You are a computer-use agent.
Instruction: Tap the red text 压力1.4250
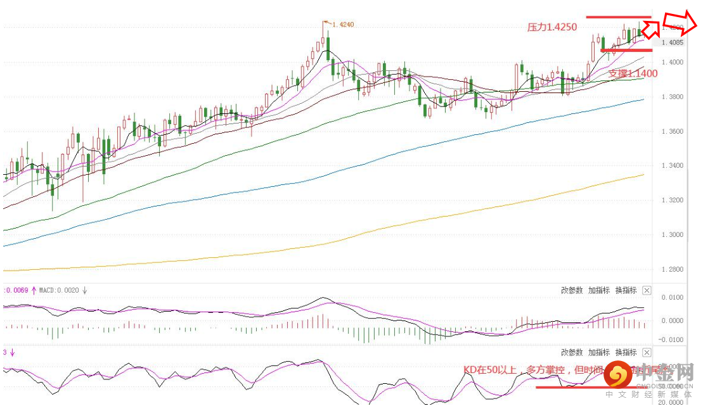pyautogui.click(x=552, y=27)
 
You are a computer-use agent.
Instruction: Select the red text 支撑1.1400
pyautogui.click(x=633, y=73)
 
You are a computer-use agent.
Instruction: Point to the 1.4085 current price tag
pyautogui.click(x=672, y=43)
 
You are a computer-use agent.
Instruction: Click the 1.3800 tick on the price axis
pyautogui.click(x=672, y=97)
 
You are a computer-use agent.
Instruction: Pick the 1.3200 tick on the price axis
pyautogui.click(x=672, y=200)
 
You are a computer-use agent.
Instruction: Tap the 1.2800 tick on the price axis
pyautogui.click(x=672, y=269)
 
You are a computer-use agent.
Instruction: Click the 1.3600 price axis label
pyautogui.click(x=672, y=132)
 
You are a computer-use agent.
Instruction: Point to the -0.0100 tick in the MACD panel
pyautogui.click(x=672, y=339)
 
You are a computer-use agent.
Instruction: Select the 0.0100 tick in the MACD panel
pyautogui.click(x=672, y=297)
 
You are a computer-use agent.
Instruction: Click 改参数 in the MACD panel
pyautogui.click(x=572, y=290)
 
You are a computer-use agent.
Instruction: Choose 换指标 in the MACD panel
pyautogui.click(x=626, y=290)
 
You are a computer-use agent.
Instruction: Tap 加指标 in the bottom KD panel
pyautogui.click(x=599, y=352)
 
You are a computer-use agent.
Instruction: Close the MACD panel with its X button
pyautogui.click(x=647, y=290)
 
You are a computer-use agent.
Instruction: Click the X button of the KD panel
pyautogui.click(x=647, y=352)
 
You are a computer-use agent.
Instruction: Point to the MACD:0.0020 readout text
pyautogui.click(x=59, y=290)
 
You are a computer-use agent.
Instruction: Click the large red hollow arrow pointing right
pyautogui.click(x=680, y=22)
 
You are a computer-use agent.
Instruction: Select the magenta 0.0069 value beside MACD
pyautogui.click(x=16, y=290)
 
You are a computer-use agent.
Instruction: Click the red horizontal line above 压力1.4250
pyautogui.click(x=618, y=17)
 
